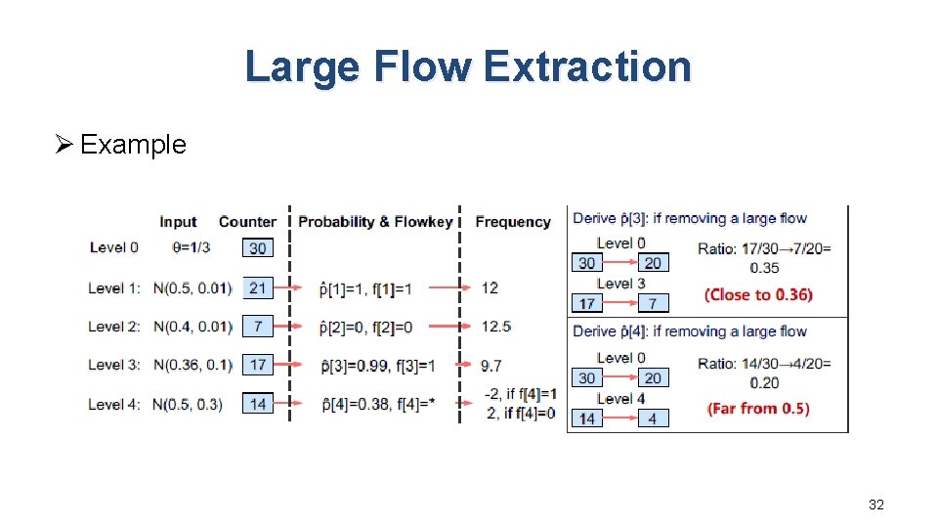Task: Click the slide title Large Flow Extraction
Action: click(x=468, y=66)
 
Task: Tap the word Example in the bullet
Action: click(x=133, y=145)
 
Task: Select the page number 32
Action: click(x=875, y=505)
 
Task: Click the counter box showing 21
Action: click(x=258, y=287)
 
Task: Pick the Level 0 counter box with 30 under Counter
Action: click(x=258, y=248)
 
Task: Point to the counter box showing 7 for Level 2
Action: click(x=258, y=326)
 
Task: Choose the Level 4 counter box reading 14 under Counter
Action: click(x=258, y=404)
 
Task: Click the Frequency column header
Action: click(x=512, y=222)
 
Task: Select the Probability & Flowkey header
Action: click(x=375, y=222)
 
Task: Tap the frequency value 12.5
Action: click(x=496, y=326)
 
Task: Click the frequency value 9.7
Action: click(x=491, y=365)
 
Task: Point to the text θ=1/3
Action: click(x=191, y=247)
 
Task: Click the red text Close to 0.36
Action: click(x=758, y=294)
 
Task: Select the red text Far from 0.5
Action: click(x=758, y=408)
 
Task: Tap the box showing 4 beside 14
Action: click(x=653, y=418)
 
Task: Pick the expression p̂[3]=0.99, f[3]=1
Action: click(x=377, y=366)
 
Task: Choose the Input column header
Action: click(x=178, y=222)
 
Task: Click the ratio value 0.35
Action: click(x=764, y=267)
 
